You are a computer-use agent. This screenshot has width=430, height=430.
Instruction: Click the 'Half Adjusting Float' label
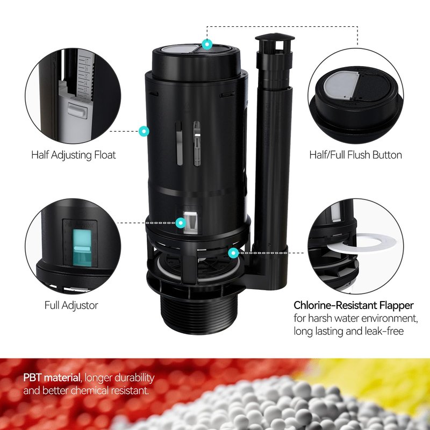[74, 155]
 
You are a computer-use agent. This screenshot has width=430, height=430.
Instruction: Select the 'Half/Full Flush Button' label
[355, 155]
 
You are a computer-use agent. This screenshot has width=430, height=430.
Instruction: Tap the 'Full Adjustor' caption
[71, 305]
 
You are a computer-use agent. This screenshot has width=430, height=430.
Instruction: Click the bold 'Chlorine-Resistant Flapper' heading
[354, 305]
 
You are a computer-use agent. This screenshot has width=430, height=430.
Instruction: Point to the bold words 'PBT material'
[52, 378]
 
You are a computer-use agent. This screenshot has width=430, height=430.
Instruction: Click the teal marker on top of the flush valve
[207, 44]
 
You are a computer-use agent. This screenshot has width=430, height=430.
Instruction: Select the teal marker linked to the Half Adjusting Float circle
[144, 131]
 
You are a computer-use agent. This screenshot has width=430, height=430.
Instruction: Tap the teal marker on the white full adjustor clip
[181, 223]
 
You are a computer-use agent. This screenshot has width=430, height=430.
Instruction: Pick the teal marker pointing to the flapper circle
[233, 253]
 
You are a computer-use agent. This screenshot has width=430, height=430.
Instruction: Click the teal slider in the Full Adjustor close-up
[82, 248]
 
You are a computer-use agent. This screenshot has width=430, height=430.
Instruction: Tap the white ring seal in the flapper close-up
[362, 243]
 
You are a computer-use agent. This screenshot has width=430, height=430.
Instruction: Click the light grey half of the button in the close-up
[340, 85]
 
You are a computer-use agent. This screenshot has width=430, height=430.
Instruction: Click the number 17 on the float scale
[87, 61]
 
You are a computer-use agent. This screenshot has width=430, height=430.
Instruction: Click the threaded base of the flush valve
[199, 316]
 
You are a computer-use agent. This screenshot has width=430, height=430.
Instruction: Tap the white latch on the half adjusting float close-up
[77, 110]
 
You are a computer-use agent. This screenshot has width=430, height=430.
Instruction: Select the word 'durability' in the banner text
[135, 378]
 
